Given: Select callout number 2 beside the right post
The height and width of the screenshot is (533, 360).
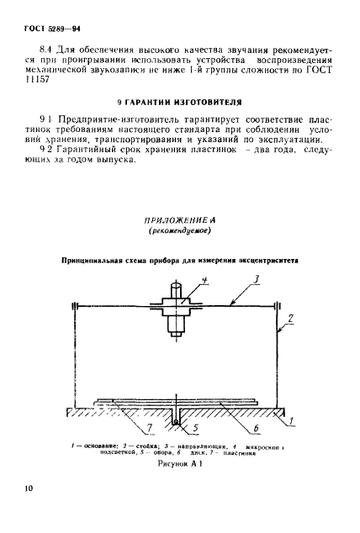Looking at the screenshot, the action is [290, 319].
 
